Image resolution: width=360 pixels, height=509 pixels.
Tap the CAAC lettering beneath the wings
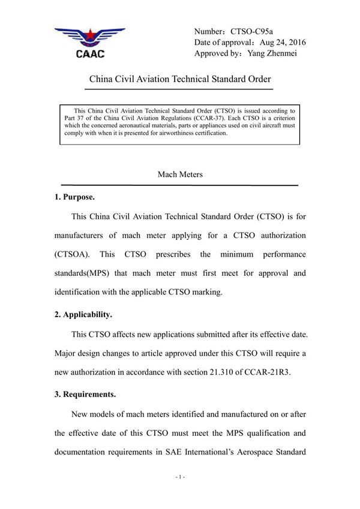90,54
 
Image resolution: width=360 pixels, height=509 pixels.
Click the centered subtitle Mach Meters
180,174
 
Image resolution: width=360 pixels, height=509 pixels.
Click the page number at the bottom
180,478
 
